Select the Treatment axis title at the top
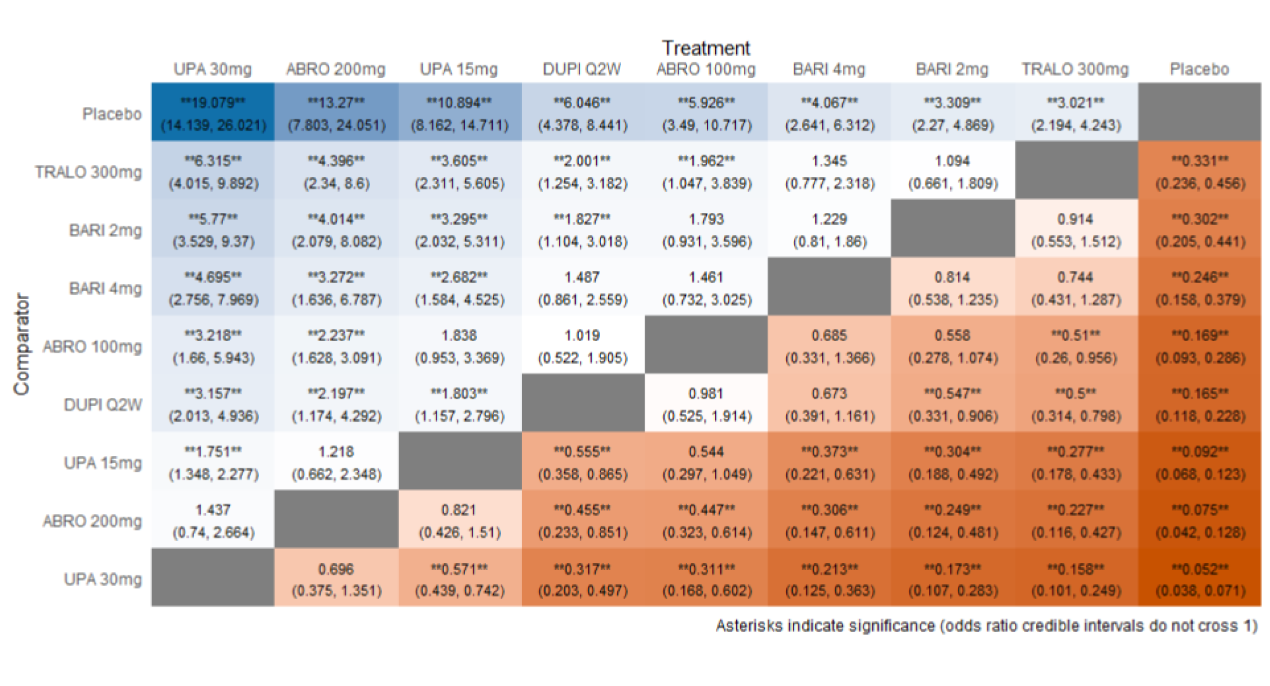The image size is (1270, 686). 706,48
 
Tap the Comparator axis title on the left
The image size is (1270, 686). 22,345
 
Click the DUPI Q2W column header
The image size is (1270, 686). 582,70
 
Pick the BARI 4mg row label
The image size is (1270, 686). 105,289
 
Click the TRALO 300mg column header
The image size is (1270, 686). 1075,70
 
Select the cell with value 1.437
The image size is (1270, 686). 213,520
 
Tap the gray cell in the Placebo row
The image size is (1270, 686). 1200,113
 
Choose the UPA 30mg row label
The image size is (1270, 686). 103,579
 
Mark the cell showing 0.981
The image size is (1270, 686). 706,404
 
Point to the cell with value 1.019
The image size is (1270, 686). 582,346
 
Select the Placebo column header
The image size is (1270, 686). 1199,70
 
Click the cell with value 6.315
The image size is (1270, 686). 213,171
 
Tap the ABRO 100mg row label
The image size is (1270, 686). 92,347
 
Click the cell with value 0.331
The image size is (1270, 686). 1200,171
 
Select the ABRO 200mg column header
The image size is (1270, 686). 336,70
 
